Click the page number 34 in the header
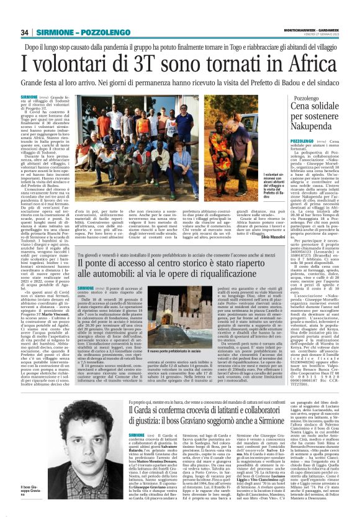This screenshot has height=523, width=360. click(25, 32)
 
